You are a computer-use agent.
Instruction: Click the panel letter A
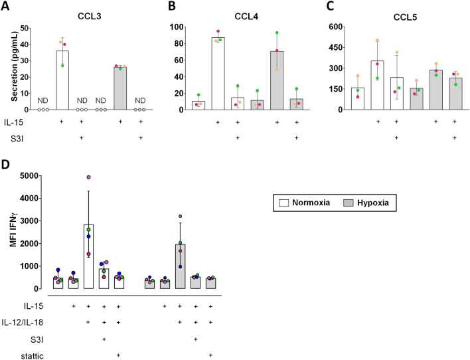tap(7, 8)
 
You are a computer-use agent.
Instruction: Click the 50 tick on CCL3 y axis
tap(27, 28)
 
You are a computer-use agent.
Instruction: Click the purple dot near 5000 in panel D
tap(88, 177)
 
